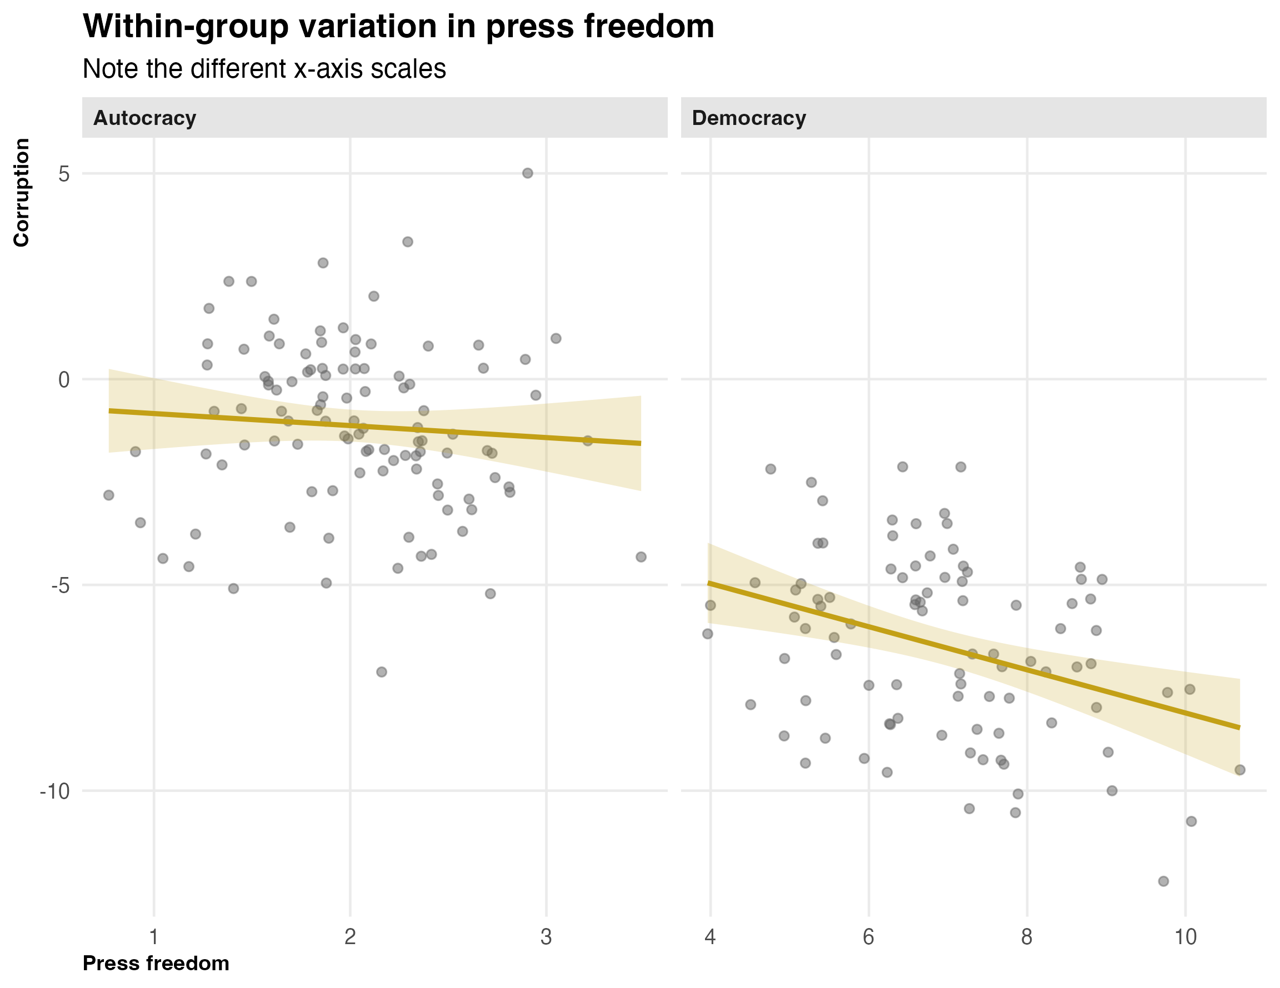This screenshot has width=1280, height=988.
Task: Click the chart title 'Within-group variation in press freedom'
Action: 398,26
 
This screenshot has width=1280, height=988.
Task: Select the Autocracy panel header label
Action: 145,118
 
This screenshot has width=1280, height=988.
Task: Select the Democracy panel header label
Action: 748,118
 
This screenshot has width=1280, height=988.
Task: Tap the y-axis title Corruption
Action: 22,193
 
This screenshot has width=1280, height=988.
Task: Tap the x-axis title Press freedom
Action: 156,964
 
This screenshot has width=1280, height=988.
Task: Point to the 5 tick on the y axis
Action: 64,174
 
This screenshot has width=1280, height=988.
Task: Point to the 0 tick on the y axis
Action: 64,380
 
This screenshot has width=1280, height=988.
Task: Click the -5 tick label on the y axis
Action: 58,585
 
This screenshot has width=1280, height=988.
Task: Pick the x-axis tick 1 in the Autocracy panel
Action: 154,937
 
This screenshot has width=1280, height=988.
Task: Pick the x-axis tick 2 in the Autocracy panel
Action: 351,937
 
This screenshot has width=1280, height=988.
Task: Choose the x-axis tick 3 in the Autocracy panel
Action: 546,937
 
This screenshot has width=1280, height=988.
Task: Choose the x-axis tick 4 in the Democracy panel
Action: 711,937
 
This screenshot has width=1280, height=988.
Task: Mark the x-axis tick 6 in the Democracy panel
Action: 868,937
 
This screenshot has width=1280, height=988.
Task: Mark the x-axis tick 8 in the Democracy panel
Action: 1027,937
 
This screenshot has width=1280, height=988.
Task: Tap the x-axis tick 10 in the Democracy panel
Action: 1185,937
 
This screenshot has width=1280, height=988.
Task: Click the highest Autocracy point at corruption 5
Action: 527,173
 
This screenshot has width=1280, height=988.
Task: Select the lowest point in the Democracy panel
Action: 1163,881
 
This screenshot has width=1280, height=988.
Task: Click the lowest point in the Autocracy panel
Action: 382,671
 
